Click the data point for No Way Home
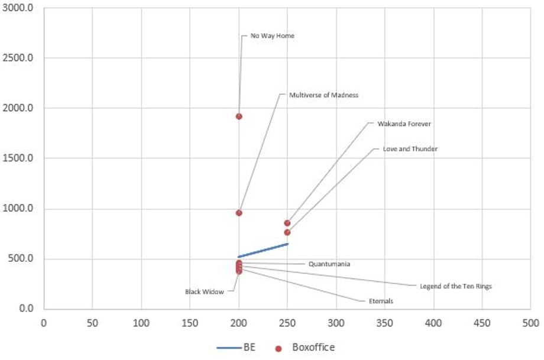[x=239, y=116]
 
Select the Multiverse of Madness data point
[x=239, y=213]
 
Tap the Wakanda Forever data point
[x=287, y=223]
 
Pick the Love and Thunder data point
[x=287, y=232]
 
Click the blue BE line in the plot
[x=263, y=251]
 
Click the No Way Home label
[x=273, y=35]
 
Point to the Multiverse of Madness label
[x=323, y=95]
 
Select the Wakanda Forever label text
[x=404, y=124]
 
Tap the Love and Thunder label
[x=410, y=149]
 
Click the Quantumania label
[x=329, y=264]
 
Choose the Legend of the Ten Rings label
[x=456, y=286]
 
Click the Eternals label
[x=381, y=301]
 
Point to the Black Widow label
[x=205, y=291]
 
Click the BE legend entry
[x=236, y=347]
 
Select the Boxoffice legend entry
[x=305, y=348]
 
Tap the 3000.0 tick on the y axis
[x=18, y=8]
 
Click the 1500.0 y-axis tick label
[x=18, y=158]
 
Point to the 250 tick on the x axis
[x=287, y=323]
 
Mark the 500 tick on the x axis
[x=531, y=323]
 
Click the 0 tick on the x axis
[x=44, y=323]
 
